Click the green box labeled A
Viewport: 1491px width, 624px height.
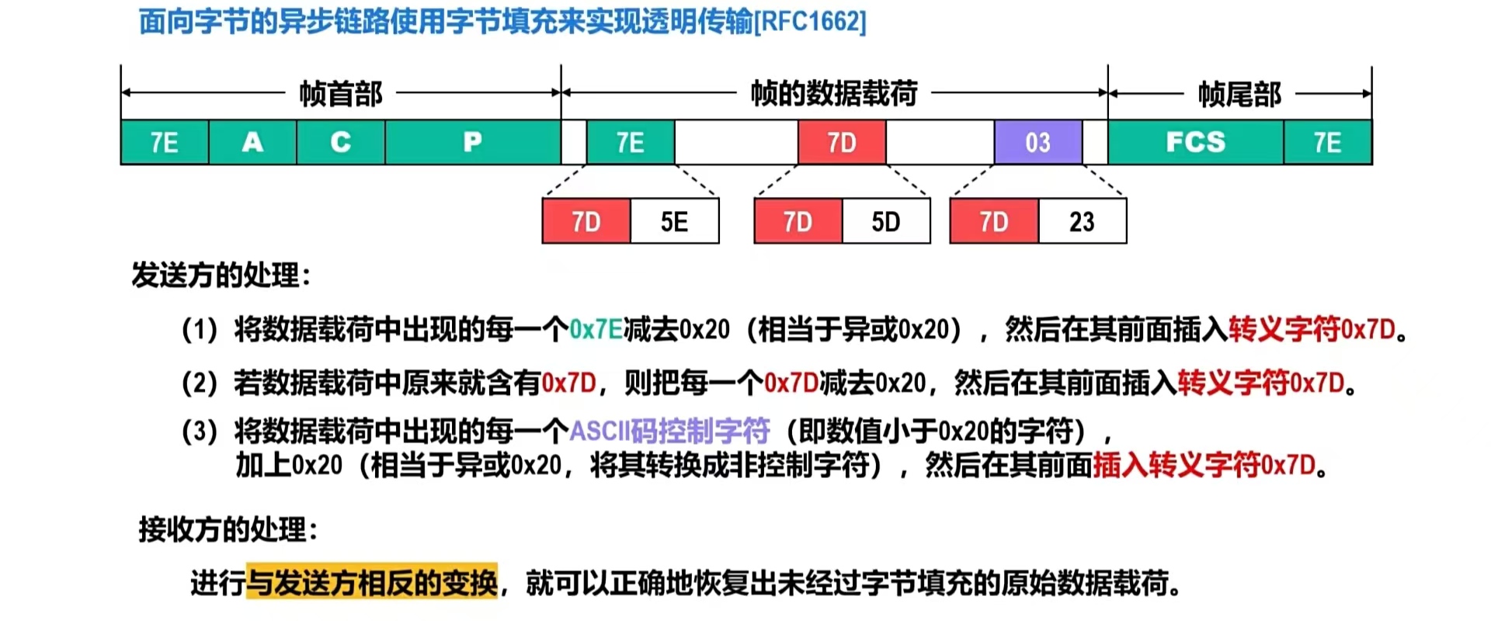(252, 142)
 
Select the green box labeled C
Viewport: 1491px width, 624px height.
(340, 142)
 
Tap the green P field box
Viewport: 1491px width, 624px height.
(472, 142)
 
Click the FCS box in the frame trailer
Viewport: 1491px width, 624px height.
(1195, 142)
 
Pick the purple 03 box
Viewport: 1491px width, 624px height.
(1037, 142)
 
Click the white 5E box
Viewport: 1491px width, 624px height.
(674, 222)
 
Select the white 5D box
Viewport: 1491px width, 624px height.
(885, 222)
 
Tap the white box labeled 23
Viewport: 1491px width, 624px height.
(1082, 222)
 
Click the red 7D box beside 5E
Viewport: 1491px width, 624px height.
(586, 222)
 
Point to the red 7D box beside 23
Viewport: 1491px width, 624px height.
(994, 222)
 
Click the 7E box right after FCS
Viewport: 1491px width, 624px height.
(1327, 142)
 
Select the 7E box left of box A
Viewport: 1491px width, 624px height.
(165, 142)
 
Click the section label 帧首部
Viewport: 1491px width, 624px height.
(341, 94)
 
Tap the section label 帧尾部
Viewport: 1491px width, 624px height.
(1239, 94)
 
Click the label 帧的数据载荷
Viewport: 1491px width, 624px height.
(833, 93)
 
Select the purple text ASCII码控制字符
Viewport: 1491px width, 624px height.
(669, 430)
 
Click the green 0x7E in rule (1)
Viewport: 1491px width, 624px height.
(596, 330)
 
